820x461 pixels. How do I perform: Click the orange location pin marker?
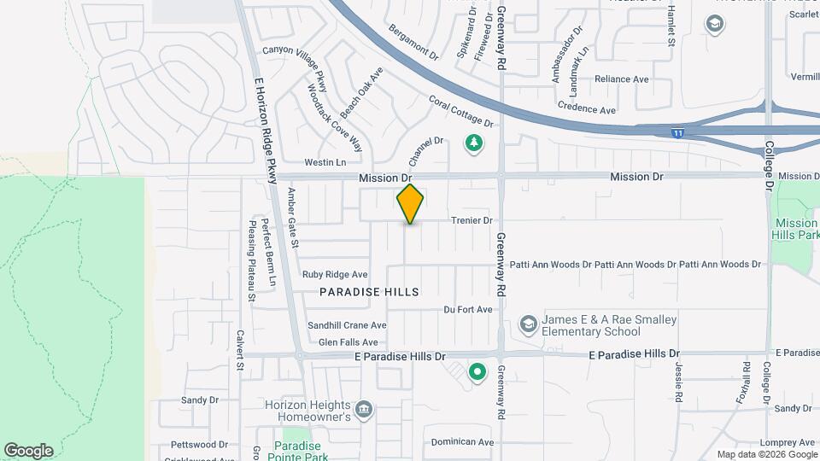pos(410,203)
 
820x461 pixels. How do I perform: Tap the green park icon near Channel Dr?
pos(472,143)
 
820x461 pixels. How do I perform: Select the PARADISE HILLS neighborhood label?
pos(369,292)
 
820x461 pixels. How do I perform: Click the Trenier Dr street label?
pos(471,220)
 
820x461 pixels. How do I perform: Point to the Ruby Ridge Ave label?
pos(335,275)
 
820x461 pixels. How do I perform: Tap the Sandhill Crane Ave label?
pos(347,325)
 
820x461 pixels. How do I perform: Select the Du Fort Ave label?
pos(468,309)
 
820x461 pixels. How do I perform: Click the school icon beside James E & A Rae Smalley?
pos(529,324)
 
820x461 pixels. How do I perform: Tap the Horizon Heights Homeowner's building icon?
pos(365,410)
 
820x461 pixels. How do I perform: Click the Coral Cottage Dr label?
pos(461,112)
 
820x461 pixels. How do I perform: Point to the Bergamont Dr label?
pos(413,42)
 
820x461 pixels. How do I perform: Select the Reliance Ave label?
pos(622,79)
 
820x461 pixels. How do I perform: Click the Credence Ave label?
pos(586,110)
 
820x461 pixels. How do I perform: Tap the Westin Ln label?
pos(325,162)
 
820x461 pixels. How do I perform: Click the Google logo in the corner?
pos(28,450)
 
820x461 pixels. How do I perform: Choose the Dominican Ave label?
pos(462,442)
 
